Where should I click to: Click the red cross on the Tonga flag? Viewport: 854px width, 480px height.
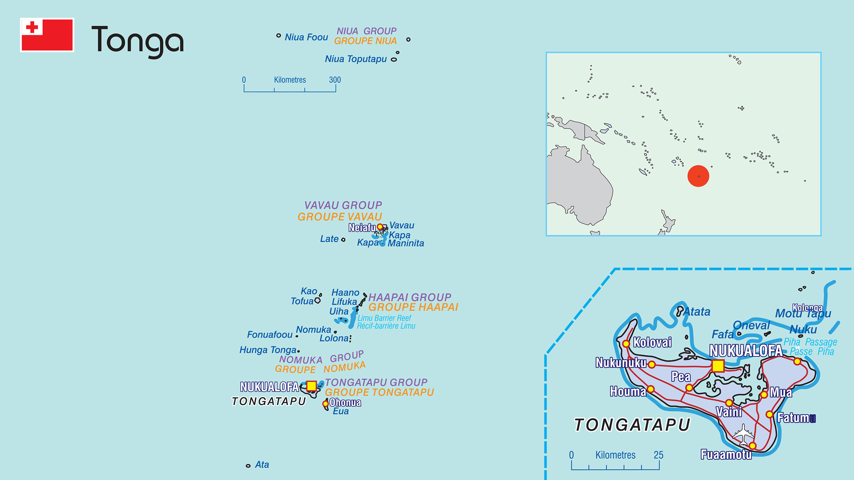pos(32,27)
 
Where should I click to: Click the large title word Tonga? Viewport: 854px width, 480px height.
pos(137,40)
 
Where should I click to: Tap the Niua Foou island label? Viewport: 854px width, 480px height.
pos(306,37)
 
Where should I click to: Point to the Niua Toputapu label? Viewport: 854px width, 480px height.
pos(355,59)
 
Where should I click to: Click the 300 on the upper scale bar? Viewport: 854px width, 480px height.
pos(335,80)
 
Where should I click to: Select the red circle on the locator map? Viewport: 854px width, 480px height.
pos(698,176)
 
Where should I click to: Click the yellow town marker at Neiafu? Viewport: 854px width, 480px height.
pos(380,227)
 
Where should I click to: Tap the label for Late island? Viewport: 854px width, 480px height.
pos(329,239)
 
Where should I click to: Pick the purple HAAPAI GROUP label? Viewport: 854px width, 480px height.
pos(409,297)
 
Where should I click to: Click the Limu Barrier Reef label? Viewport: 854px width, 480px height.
pos(384,318)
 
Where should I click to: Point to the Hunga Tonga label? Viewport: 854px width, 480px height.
pos(268,350)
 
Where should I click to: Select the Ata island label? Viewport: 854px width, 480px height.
pos(262,464)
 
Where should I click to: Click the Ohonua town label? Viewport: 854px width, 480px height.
pos(345,402)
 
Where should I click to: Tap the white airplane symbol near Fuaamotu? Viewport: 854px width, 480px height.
pos(743,435)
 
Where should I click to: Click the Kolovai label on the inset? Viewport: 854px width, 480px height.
pos(652,342)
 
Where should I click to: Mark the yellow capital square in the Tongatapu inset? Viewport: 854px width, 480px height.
pos(718,366)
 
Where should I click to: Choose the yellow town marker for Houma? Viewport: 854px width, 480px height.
pos(651,389)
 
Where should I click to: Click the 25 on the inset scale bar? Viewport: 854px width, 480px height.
pos(658,455)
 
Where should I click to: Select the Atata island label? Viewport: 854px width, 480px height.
pos(697,312)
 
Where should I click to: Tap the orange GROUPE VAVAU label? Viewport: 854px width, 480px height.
pos(340,217)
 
